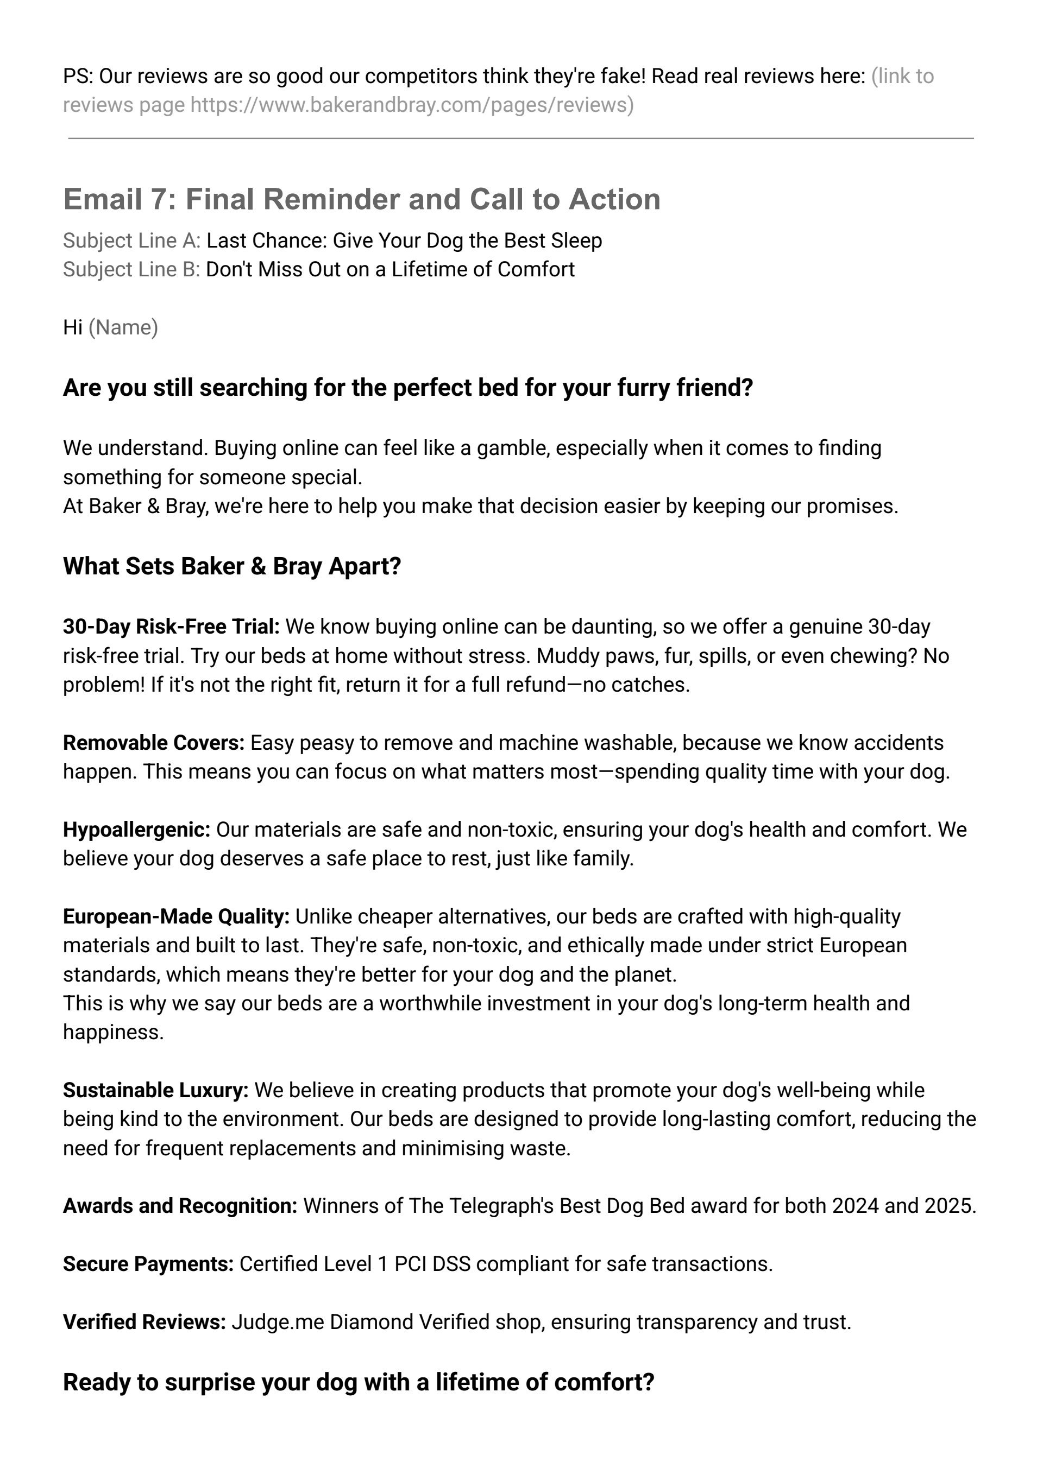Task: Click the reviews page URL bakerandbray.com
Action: (411, 105)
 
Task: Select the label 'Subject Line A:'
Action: (131, 241)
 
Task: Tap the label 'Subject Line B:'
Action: (131, 270)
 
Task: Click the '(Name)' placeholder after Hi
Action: (123, 327)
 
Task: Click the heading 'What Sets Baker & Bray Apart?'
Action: (232, 566)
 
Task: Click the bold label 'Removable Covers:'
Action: (154, 743)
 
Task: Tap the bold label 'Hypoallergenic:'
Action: (137, 830)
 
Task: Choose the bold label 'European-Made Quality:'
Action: (176, 917)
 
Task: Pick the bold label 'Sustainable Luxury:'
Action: (155, 1091)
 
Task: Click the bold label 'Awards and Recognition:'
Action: (180, 1206)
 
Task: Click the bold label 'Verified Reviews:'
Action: (144, 1323)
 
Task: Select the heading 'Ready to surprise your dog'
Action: (359, 1382)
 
